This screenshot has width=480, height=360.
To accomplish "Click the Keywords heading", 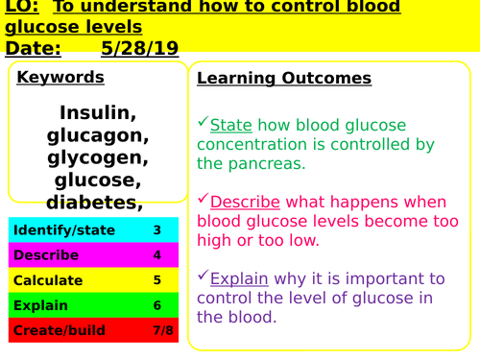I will click(x=60, y=77).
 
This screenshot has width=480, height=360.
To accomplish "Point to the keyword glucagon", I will click(x=98, y=135).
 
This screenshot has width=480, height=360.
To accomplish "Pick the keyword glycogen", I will click(x=98, y=157).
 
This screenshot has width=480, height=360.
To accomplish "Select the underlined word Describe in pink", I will click(x=245, y=202).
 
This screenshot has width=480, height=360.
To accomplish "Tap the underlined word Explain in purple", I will click(x=239, y=279).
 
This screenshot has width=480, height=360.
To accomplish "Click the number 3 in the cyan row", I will click(x=157, y=230).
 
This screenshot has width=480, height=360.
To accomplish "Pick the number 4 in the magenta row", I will click(x=157, y=255).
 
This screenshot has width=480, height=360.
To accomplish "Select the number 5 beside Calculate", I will click(x=157, y=280).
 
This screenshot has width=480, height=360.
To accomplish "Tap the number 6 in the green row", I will click(x=157, y=305).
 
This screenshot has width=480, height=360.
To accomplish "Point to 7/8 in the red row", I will click(x=157, y=330).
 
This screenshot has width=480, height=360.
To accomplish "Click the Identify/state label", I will click(x=64, y=230).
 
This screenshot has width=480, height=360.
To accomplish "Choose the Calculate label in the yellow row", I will click(x=48, y=280).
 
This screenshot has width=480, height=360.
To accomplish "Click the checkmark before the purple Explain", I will click(x=203, y=277).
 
